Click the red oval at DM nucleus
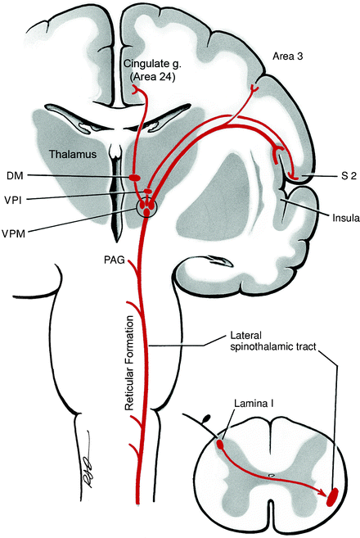click(135, 177)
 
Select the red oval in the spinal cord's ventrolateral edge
click(335, 496)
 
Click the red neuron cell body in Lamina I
click(220, 447)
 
